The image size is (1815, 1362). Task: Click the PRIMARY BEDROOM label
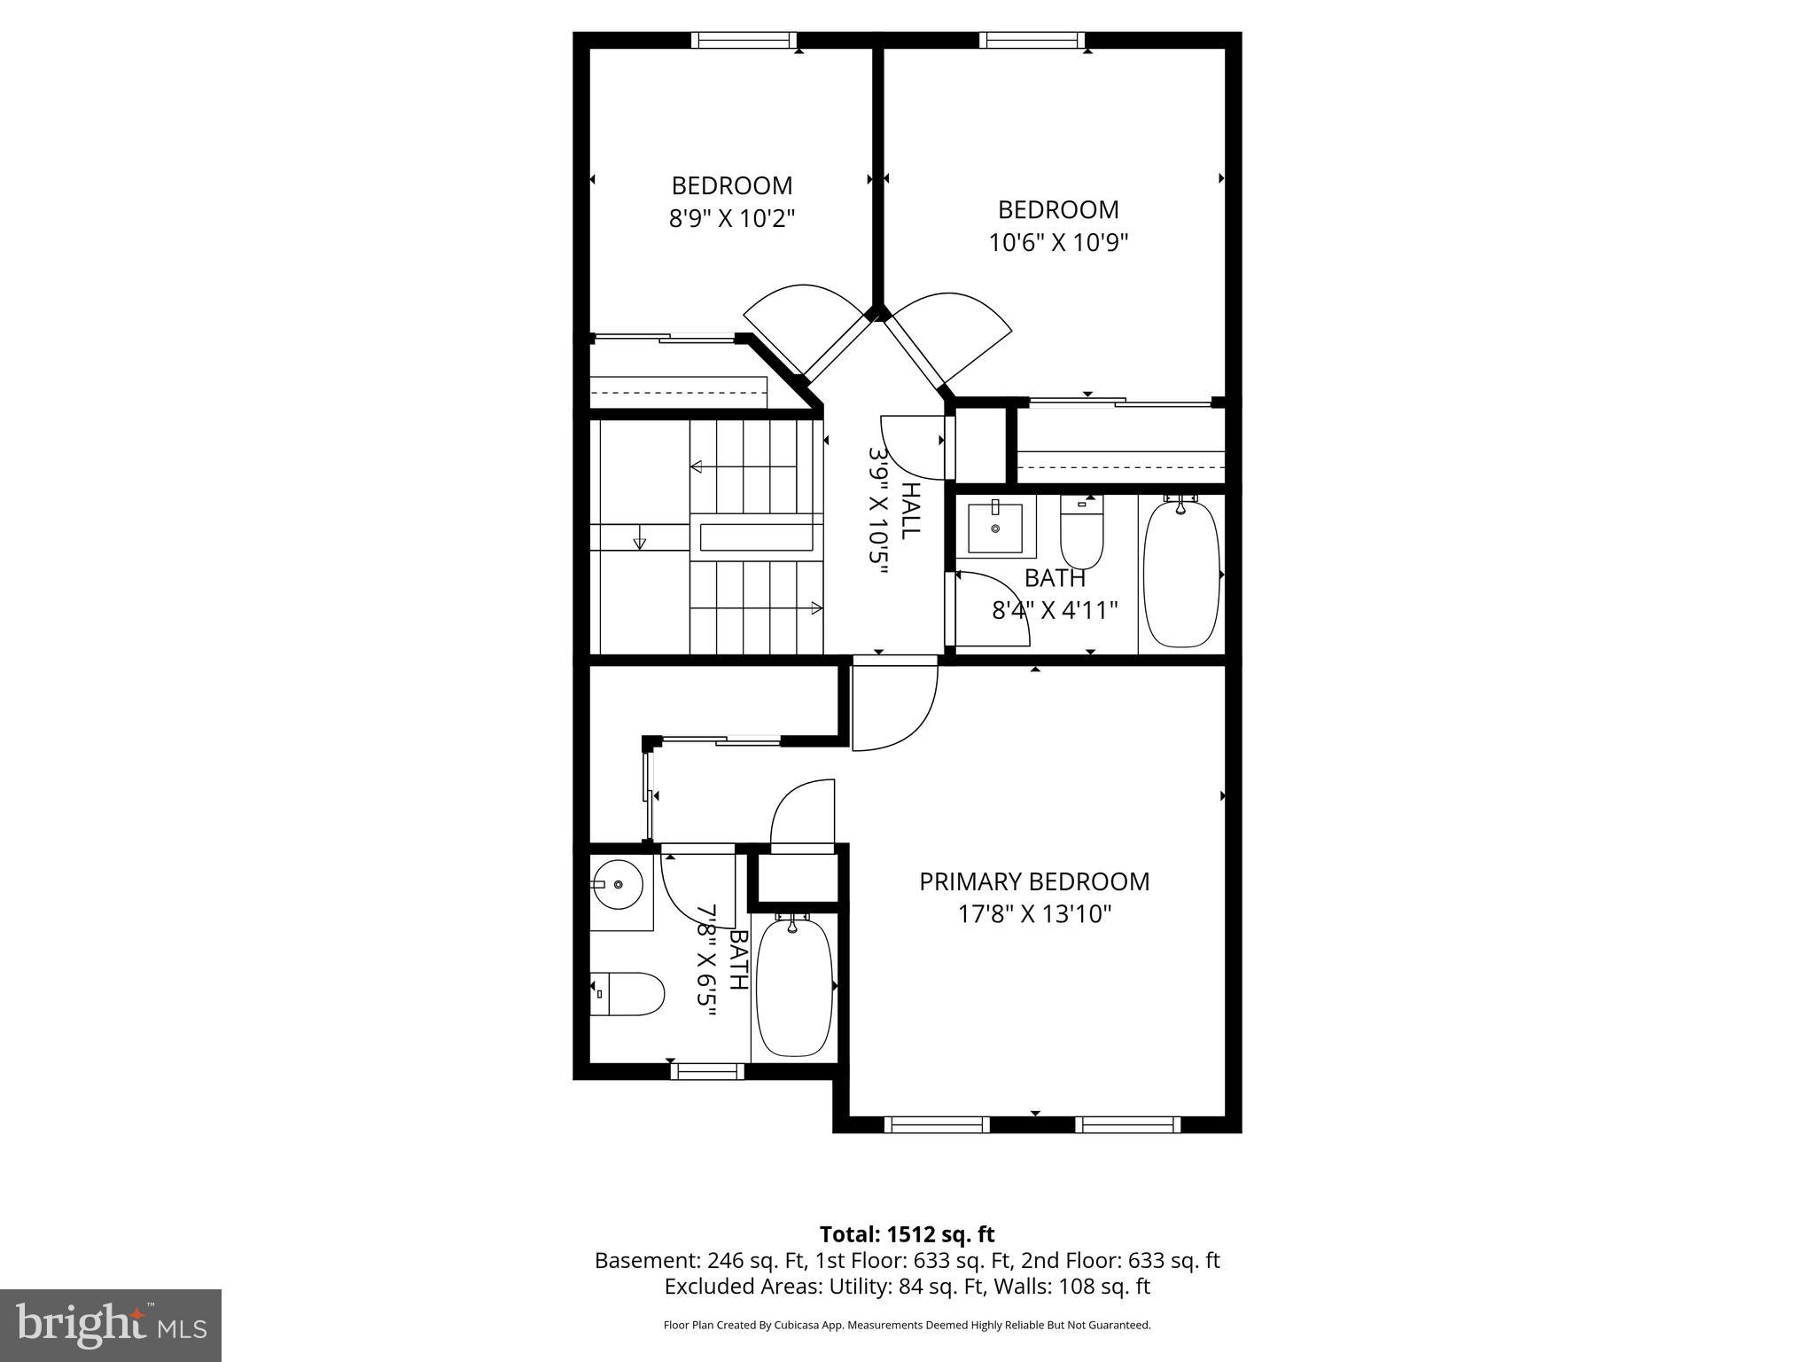click(x=1033, y=881)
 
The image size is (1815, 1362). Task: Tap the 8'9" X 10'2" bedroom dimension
click(x=732, y=218)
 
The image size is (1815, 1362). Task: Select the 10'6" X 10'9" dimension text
click(x=1058, y=242)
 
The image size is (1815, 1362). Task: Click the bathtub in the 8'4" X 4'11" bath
click(x=1180, y=574)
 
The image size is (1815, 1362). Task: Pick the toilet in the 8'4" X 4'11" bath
click(x=1081, y=532)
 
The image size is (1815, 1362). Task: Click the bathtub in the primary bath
click(x=794, y=986)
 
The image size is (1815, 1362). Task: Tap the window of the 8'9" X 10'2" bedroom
click(x=744, y=40)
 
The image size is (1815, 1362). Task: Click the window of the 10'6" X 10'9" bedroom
click(x=1032, y=40)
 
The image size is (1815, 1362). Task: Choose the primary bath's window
click(x=706, y=1071)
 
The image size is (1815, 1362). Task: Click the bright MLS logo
click(x=111, y=1325)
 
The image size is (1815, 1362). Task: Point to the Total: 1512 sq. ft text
click(x=907, y=1234)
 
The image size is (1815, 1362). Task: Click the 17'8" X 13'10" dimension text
click(x=1033, y=914)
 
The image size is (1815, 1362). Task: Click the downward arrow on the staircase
click(x=640, y=542)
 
